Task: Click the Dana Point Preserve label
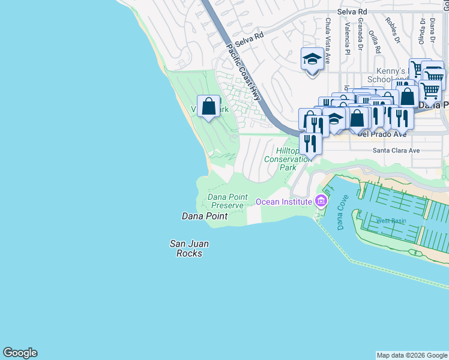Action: [x=226, y=201]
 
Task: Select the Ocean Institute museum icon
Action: [x=321, y=201]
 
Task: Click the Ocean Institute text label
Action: [x=285, y=202]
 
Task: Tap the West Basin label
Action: [x=391, y=221]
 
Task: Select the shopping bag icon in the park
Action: [x=209, y=107]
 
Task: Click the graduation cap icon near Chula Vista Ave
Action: [x=312, y=60]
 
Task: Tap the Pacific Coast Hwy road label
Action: [x=245, y=72]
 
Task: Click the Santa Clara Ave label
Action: [x=396, y=151]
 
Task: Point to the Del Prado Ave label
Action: [x=382, y=134]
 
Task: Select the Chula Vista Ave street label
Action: [x=328, y=41]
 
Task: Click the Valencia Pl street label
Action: [x=347, y=38]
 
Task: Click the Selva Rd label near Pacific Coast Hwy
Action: [x=249, y=41]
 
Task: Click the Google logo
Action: [x=20, y=353]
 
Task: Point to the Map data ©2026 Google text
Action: [x=412, y=355]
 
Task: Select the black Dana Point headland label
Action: [x=205, y=216]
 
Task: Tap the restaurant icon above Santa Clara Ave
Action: [x=310, y=144]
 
